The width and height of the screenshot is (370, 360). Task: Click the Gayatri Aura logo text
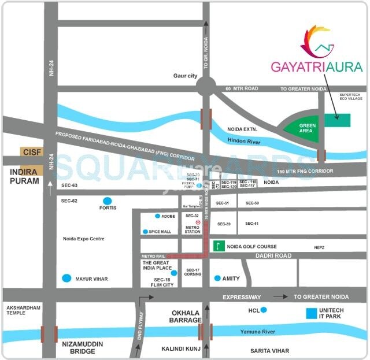(317, 66)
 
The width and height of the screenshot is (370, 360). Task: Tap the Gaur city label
(186, 76)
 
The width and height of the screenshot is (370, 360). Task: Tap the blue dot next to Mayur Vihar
(68, 279)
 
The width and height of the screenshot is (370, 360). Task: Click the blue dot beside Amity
(217, 278)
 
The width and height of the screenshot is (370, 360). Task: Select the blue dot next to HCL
(264, 310)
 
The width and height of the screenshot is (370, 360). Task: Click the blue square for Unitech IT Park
(312, 314)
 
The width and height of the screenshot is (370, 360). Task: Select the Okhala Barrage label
(186, 316)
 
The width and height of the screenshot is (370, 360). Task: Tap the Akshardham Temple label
(23, 311)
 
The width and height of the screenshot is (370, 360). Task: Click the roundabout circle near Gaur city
(205, 88)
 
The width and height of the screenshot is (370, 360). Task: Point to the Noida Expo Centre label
(88, 239)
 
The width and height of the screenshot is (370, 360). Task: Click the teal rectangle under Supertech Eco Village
(337, 120)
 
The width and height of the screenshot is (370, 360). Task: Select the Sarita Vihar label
(269, 351)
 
